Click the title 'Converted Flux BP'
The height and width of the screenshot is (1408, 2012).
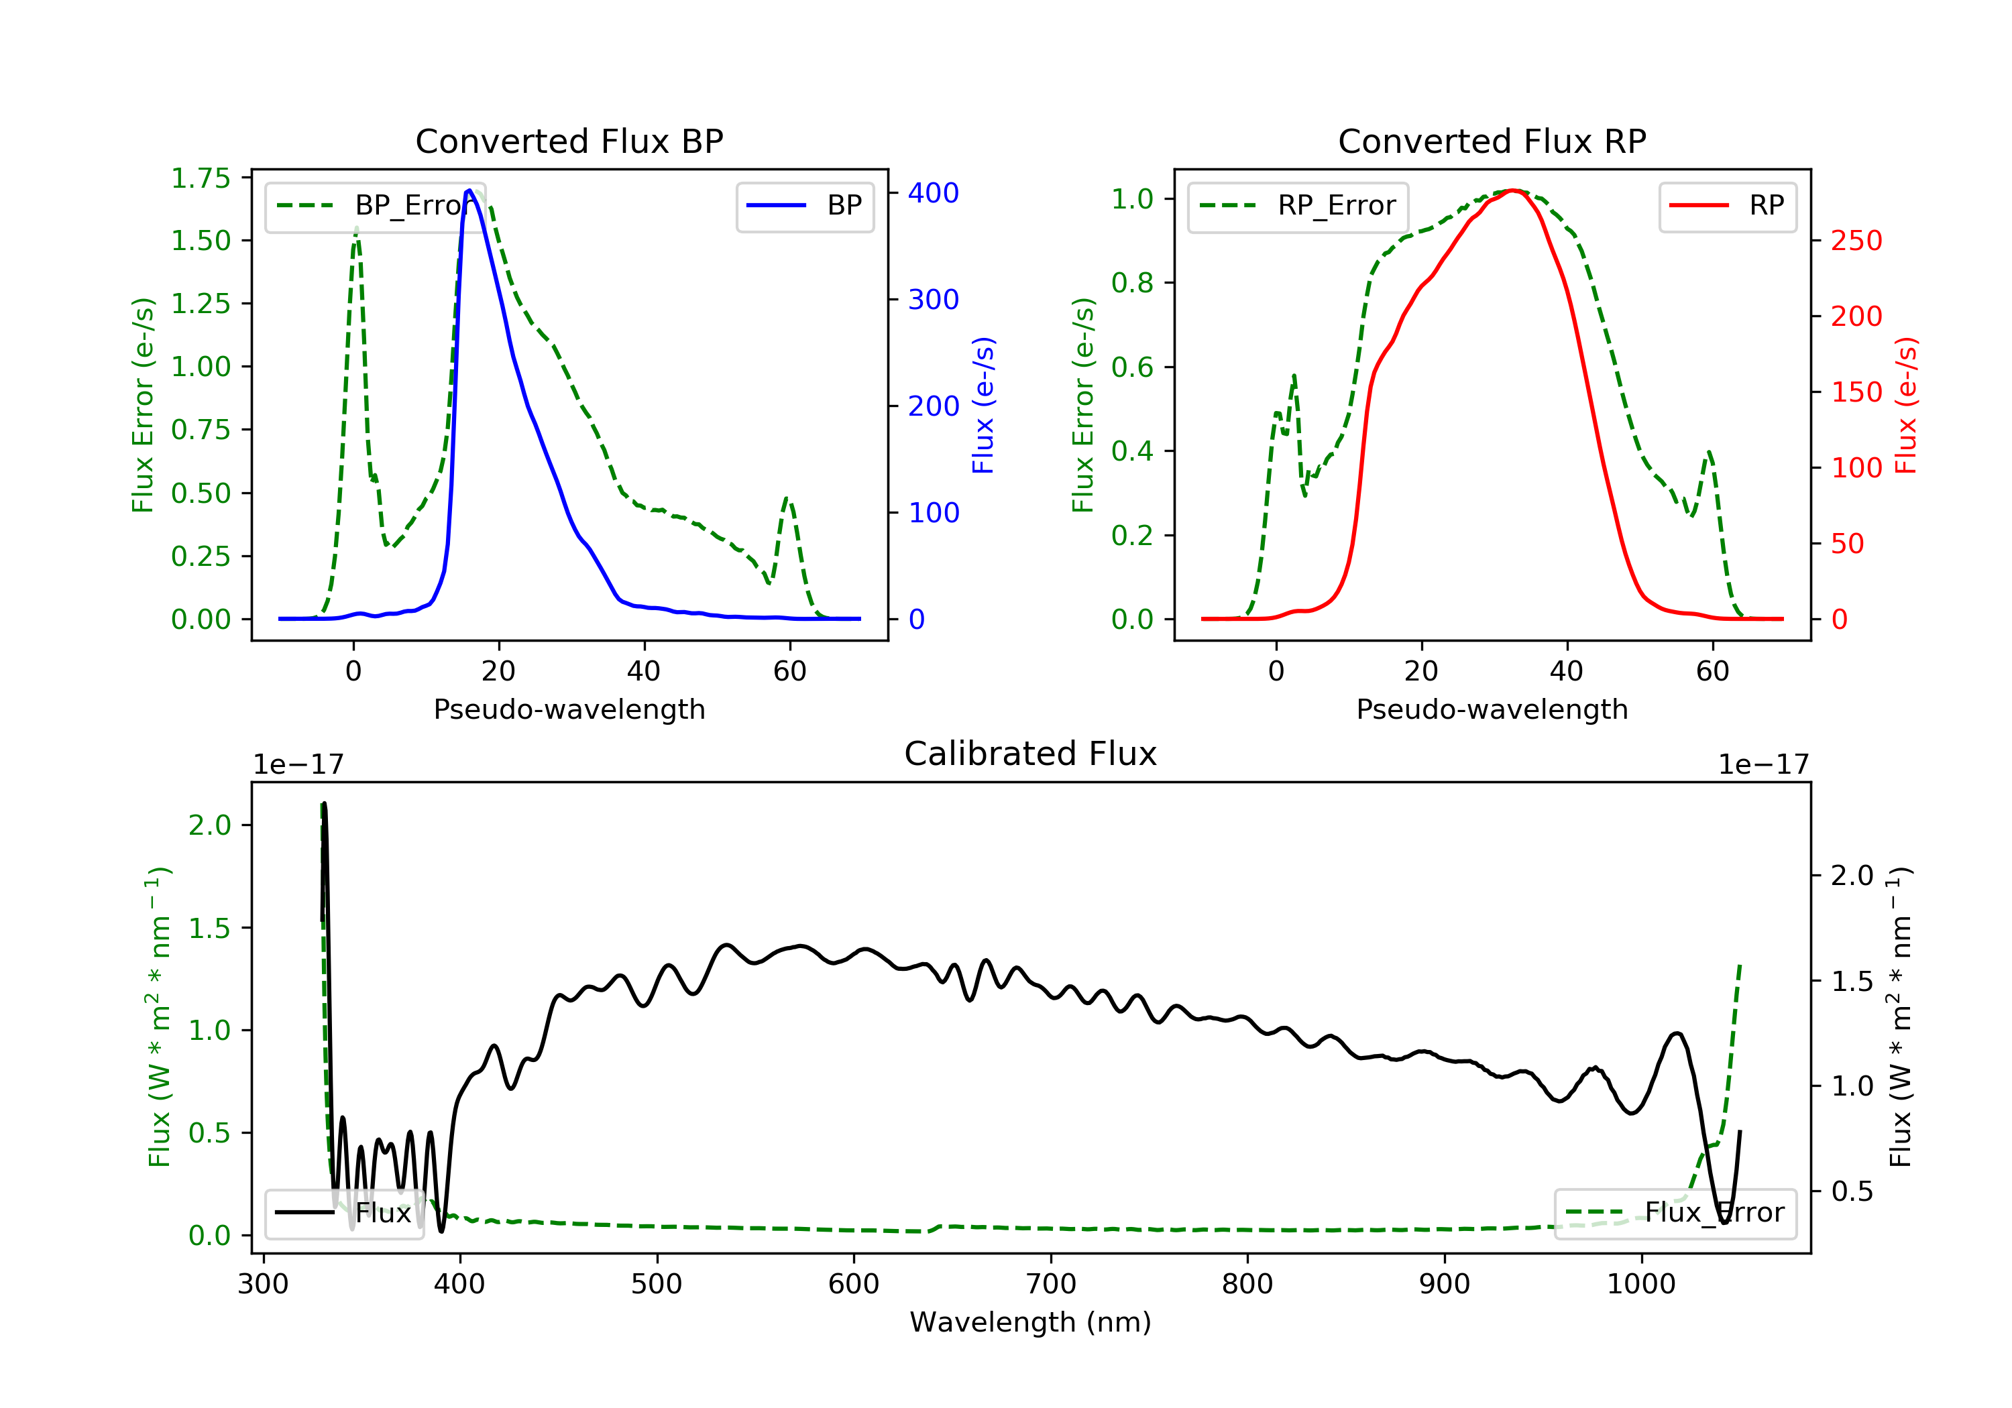coord(569,141)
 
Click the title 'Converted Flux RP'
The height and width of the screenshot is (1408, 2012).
coord(1492,141)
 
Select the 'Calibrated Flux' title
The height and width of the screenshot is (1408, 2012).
coord(1031,754)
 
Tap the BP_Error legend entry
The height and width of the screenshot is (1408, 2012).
coord(369,206)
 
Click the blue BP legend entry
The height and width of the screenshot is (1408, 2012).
coord(804,206)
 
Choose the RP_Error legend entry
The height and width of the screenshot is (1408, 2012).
coord(1297,206)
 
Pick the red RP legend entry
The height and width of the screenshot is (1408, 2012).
coord(1726,206)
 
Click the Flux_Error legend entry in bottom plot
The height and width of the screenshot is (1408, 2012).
coord(1675,1213)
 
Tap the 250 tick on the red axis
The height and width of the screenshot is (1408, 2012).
coord(1856,240)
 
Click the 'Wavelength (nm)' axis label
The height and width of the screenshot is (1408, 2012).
coord(1031,1322)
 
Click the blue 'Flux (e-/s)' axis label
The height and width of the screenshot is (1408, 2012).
coord(983,405)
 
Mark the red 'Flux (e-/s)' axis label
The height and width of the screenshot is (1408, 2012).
coord(1906,405)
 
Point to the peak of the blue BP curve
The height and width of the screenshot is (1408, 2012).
coord(469,190)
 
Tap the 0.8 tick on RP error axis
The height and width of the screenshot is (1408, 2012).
coord(1131,282)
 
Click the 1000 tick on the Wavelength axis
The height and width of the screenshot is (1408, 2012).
coord(1640,1285)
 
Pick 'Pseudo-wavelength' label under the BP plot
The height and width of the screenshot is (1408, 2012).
coord(569,709)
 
